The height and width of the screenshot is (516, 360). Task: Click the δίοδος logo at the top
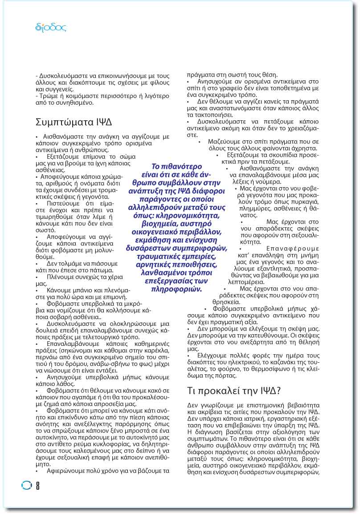coord(50,28)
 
